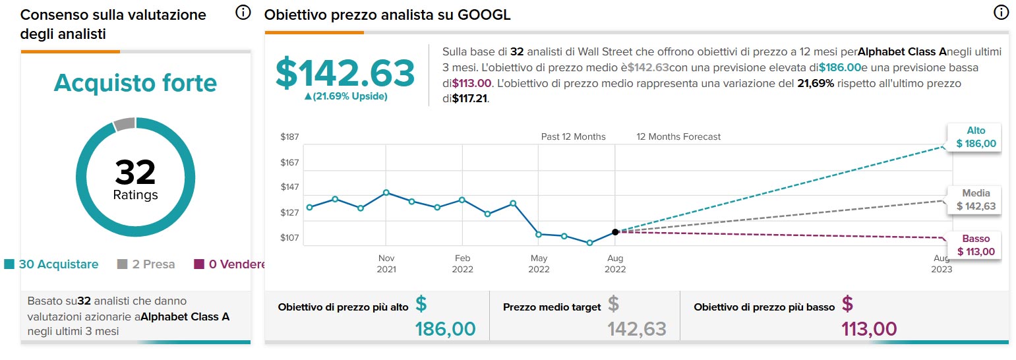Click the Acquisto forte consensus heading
[135, 84]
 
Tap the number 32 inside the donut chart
[135, 172]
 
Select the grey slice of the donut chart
[124, 123]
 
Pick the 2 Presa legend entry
[146, 264]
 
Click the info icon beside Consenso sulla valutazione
[243, 13]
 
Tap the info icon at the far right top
[1001, 13]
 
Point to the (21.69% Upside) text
[345, 96]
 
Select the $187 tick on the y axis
[291, 137]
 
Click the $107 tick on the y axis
[291, 237]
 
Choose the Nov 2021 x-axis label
[386, 264]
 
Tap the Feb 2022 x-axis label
[462, 264]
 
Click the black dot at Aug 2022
[615, 231]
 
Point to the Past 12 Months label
[573, 137]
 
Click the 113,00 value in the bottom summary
[869, 328]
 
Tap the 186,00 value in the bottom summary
[445, 328]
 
